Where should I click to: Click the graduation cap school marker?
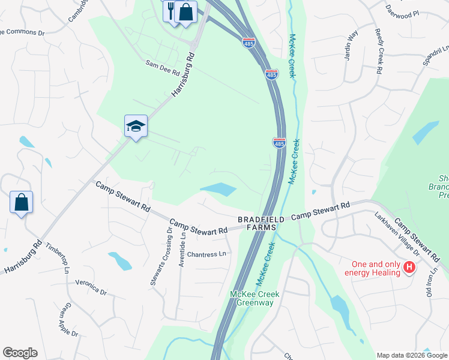(136, 126)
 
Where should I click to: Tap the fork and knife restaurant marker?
(170, 11)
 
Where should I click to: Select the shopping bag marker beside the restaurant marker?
(186, 12)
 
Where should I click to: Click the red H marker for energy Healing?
(410, 267)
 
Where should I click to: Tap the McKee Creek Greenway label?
(252, 298)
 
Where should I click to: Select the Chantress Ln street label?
(206, 254)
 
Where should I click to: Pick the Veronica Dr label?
(91, 287)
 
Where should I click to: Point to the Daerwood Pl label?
(402, 12)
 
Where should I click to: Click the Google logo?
(20, 353)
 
